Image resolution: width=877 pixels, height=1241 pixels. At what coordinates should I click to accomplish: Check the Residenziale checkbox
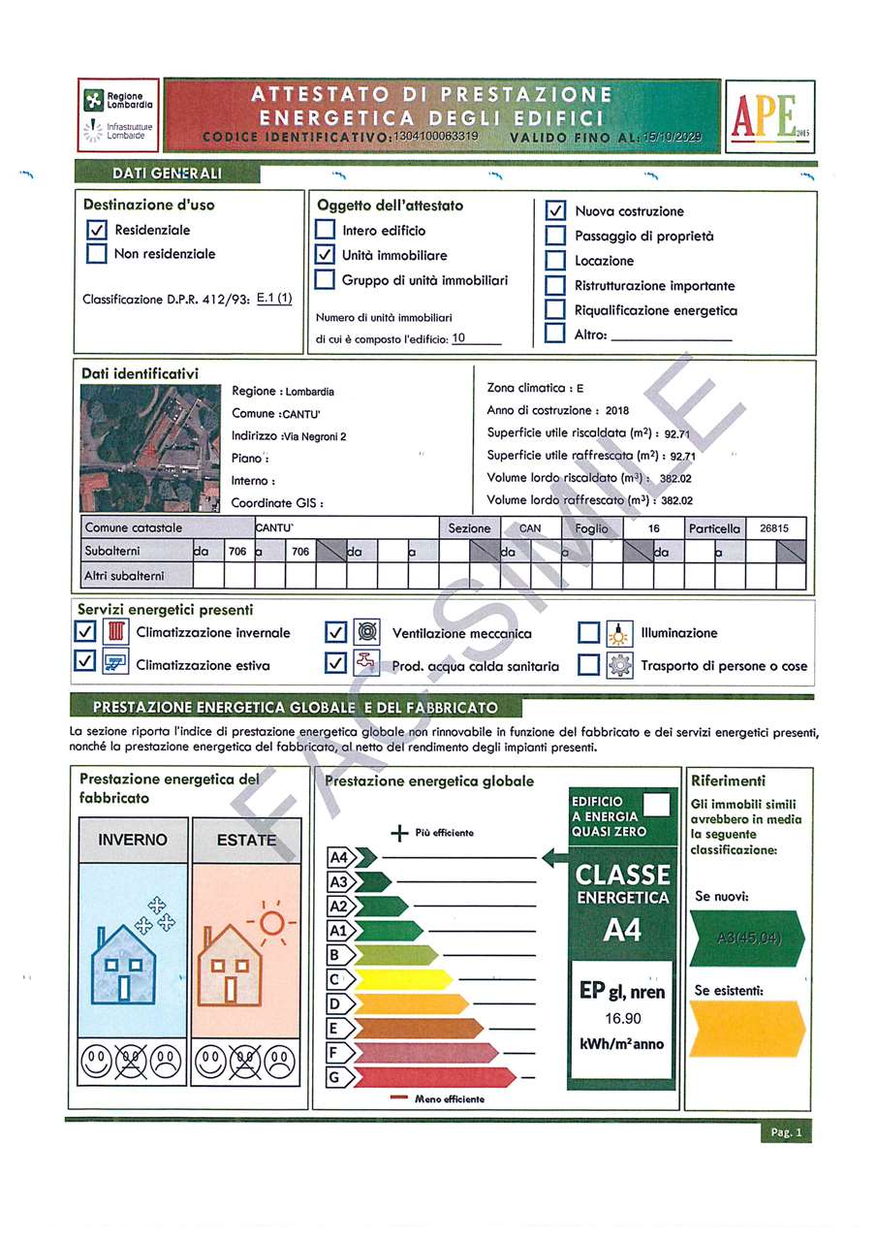pyautogui.click(x=96, y=231)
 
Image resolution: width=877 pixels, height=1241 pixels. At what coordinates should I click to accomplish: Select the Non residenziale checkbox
pyautogui.click(x=96, y=254)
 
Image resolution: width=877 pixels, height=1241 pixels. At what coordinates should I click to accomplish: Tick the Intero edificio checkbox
pyautogui.click(x=326, y=231)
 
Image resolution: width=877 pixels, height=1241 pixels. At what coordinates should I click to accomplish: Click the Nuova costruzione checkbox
pyautogui.click(x=555, y=210)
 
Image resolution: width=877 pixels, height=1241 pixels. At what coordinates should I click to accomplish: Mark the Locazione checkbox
pyautogui.click(x=555, y=261)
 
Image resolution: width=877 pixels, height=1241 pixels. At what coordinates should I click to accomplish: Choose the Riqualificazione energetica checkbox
pyautogui.click(x=555, y=310)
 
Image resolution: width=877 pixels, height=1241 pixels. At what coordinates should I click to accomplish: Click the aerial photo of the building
pyautogui.click(x=149, y=448)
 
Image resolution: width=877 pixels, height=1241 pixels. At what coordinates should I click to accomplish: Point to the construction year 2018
pyautogui.click(x=616, y=410)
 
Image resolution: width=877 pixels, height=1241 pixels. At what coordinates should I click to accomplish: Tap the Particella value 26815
pyautogui.click(x=774, y=528)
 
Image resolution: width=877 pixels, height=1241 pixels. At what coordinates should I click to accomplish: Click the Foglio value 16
pyautogui.click(x=654, y=528)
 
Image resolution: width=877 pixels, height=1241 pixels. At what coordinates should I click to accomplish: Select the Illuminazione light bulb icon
pyautogui.click(x=618, y=633)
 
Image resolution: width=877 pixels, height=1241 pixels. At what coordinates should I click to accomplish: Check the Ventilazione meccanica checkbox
pyautogui.click(x=335, y=633)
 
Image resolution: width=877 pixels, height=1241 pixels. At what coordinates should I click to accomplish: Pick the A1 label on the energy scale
pyautogui.click(x=338, y=931)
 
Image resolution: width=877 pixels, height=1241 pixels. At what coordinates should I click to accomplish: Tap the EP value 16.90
pyautogui.click(x=622, y=1018)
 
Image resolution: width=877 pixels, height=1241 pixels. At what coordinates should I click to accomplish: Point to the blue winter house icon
pyautogui.click(x=123, y=965)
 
